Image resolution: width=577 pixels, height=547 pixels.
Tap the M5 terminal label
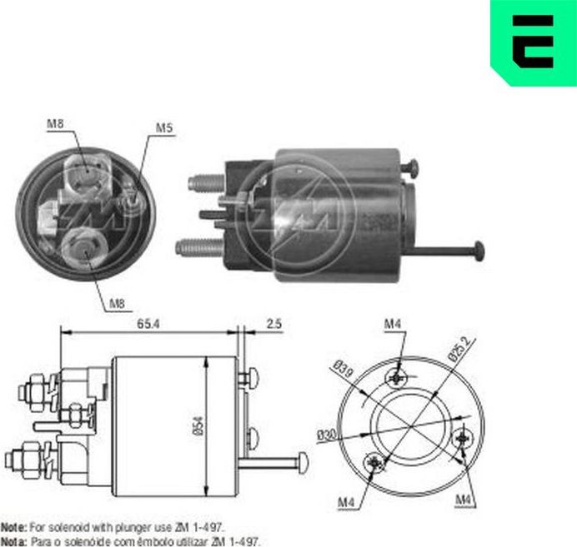163,129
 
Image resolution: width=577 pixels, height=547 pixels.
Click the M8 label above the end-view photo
56,125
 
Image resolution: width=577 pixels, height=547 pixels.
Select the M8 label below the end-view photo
118,305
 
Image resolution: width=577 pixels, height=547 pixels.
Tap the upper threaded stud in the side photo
204,182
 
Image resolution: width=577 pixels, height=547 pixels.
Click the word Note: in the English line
13,528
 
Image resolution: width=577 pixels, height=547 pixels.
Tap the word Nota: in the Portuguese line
13,540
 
